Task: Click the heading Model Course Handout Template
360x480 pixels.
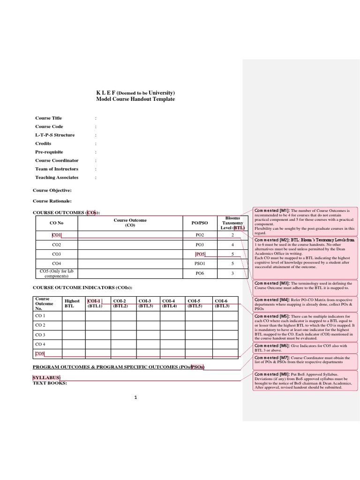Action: coord(135,99)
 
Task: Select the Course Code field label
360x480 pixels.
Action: coord(49,127)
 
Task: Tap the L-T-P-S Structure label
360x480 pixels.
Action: coord(55,135)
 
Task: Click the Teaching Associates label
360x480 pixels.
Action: coord(57,178)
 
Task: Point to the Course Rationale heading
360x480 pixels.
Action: coord(52,201)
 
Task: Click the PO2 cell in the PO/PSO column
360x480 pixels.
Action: coord(200,235)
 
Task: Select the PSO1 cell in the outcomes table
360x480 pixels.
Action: coord(200,263)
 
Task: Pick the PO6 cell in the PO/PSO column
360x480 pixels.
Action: coord(200,273)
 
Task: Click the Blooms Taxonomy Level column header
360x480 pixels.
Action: coord(232,223)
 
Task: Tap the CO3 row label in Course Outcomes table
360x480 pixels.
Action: coord(57,254)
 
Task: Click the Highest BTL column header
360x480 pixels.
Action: coord(72,303)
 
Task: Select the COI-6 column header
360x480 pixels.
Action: coord(222,303)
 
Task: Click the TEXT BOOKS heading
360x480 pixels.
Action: coord(50,383)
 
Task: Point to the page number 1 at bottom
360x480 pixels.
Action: coord(135,398)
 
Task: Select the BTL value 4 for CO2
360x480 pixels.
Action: coord(232,245)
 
